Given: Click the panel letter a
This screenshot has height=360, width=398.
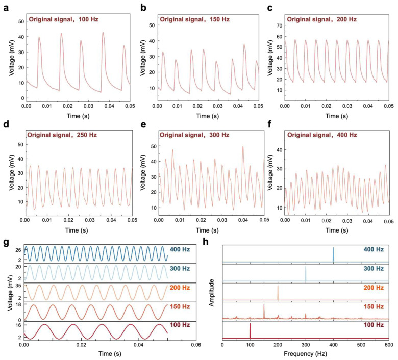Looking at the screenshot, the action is point(6,8).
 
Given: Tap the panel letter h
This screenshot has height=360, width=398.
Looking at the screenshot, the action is point(206,242).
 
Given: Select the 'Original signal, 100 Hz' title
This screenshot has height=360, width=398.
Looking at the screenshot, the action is point(63,19).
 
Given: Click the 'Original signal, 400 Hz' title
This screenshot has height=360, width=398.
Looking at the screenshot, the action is point(322,135).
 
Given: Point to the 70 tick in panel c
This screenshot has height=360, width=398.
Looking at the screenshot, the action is point(280,25).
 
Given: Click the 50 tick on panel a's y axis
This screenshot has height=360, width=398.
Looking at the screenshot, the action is point(21,21).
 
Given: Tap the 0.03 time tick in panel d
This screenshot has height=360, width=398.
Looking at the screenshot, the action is point(90,220).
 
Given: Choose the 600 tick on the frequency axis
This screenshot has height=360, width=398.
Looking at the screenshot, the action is point(389,345).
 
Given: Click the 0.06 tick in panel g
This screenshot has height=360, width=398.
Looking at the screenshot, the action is point(196,345).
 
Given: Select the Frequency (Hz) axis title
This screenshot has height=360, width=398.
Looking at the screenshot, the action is point(305,354).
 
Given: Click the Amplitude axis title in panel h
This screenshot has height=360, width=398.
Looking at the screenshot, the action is point(211,293).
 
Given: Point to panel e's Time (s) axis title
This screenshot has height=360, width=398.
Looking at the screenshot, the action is point(207,230).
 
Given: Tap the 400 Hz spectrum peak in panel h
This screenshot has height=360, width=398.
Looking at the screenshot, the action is point(333,254).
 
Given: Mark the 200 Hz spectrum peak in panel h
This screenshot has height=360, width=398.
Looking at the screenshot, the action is point(278,293).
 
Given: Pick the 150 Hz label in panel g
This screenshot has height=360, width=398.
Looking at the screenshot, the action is point(180,307).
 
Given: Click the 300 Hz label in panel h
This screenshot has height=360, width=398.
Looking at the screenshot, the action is point(374,268).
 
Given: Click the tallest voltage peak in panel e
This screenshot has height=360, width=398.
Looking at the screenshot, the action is point(243,146).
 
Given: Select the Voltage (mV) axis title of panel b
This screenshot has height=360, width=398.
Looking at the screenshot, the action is point(143,58).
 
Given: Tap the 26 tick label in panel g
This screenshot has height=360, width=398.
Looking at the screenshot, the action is point(18,250).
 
